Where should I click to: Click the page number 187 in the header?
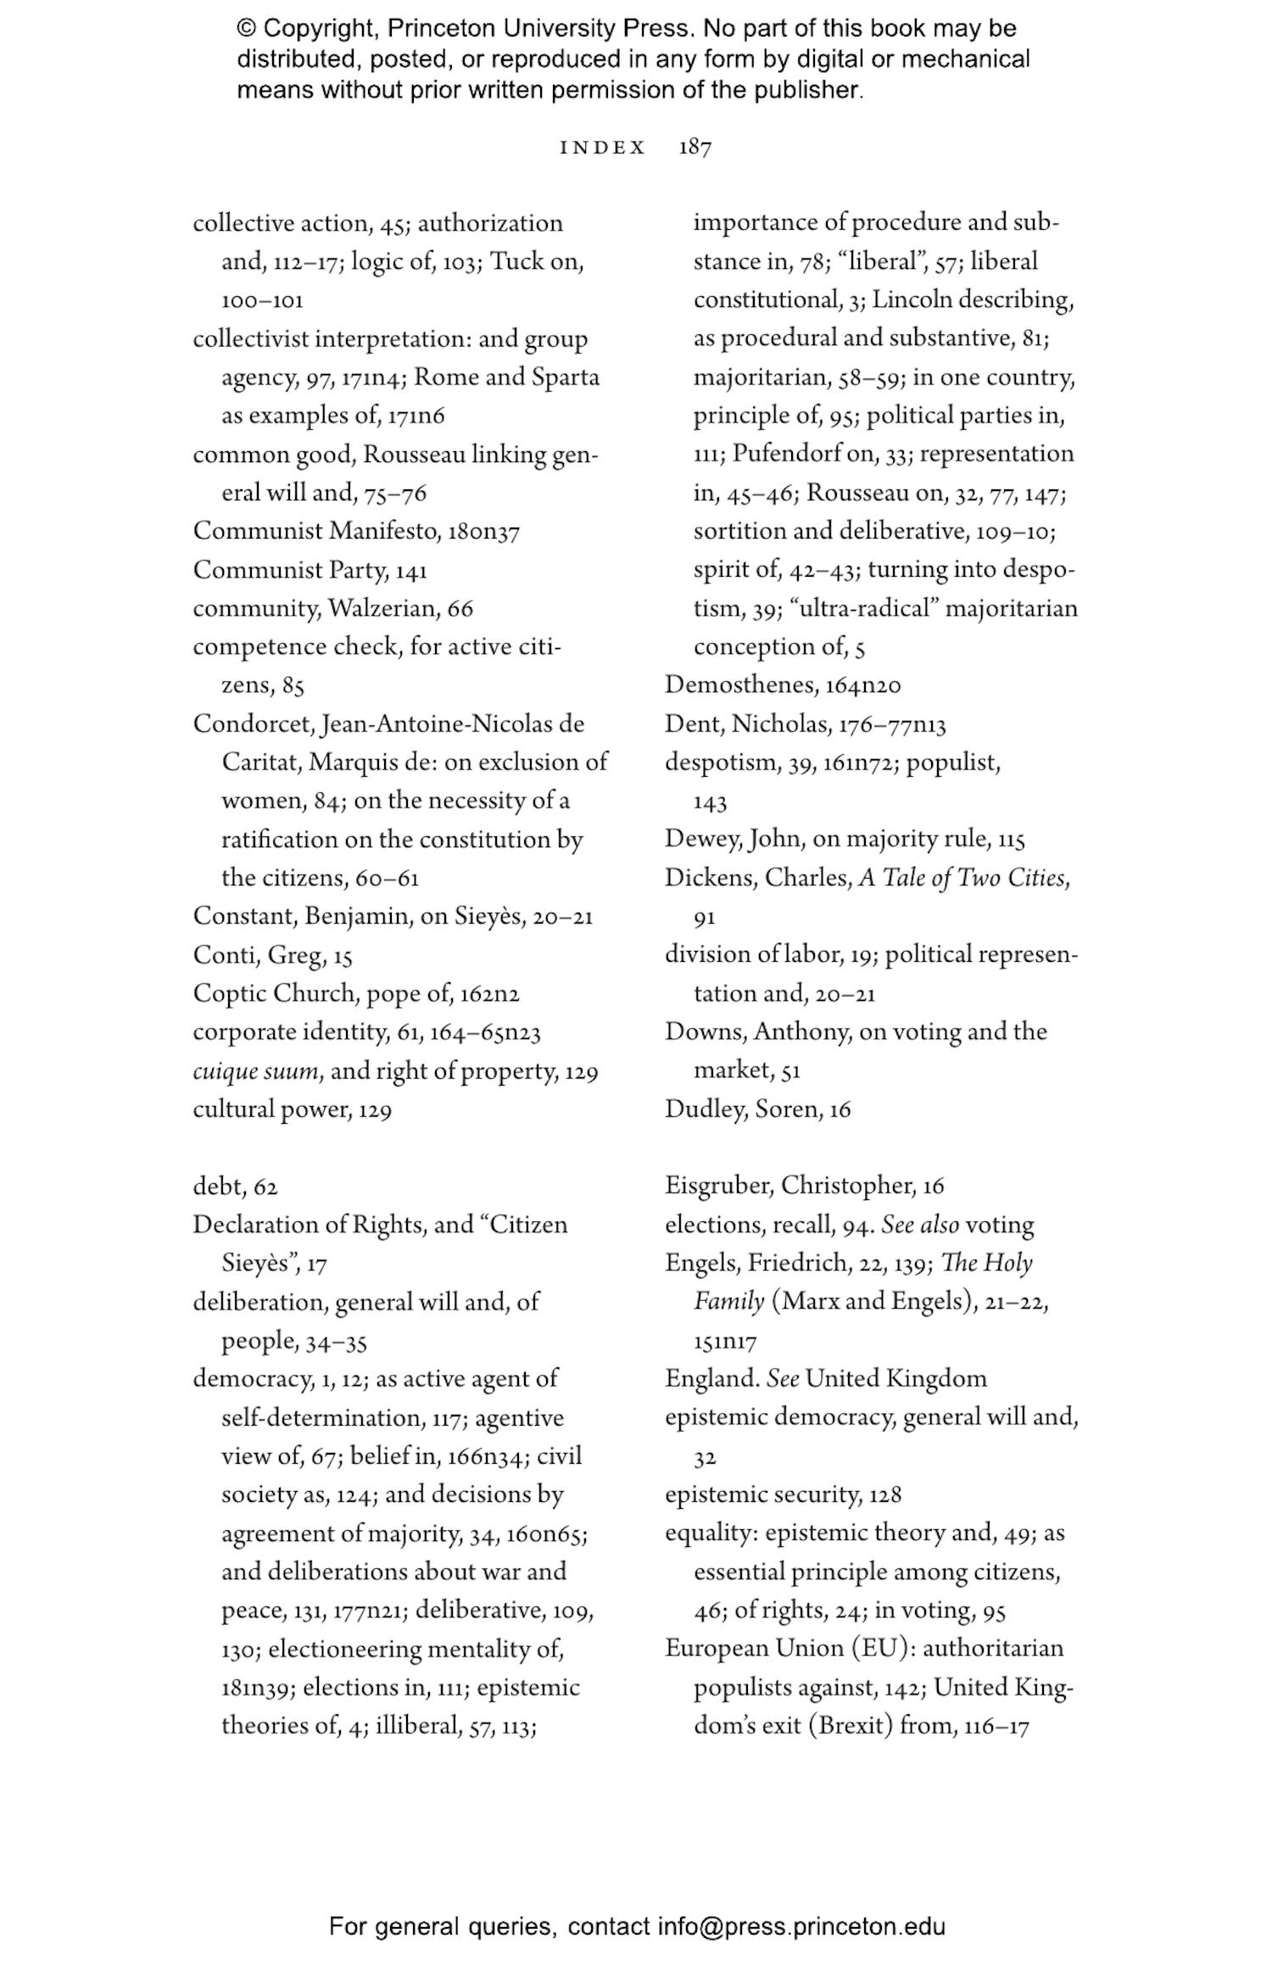[695, 148]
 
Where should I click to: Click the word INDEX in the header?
[603, 148]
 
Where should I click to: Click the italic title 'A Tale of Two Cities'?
[963, 877]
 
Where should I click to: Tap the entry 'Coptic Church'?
[274, 993]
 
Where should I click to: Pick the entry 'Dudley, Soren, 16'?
[757, 1109]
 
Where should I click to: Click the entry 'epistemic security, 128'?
[783, 1494]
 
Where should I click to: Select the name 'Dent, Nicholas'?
[746, 723]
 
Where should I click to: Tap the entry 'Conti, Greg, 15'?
[271, 955]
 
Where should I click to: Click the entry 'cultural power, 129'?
[292, 1109]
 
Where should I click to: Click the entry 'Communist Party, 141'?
[310, 570]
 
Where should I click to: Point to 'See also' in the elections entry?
[920, 1225]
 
